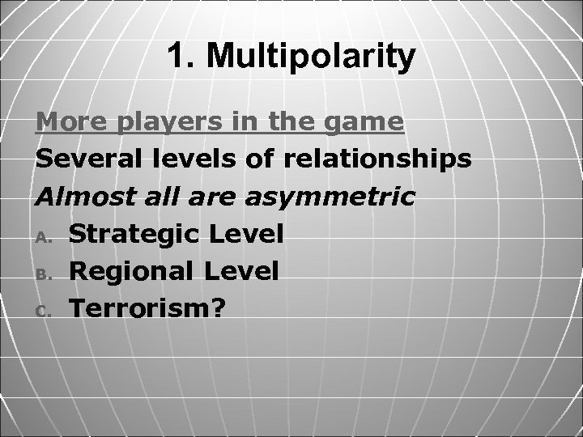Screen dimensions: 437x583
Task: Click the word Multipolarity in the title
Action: (312, 57)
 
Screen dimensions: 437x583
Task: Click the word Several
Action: (83, 159)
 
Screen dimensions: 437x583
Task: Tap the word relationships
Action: (377, 160)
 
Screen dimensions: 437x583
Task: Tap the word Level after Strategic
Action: (246, 235)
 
